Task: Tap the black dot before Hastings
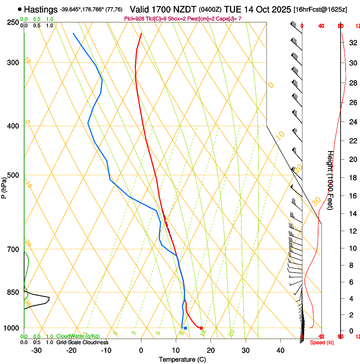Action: [x=20, y=9]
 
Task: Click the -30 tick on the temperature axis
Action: [x=36, y=350]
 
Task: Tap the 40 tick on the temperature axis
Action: [x=280, y=350]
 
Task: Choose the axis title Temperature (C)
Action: [x=182, y=359]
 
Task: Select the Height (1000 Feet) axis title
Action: [x=330, y=186]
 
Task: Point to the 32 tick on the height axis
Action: [x=352, y=42]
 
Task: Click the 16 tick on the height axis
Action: [x=352, y=196]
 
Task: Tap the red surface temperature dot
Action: [x=201, y=328]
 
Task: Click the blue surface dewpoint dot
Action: [x=185, y=328]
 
